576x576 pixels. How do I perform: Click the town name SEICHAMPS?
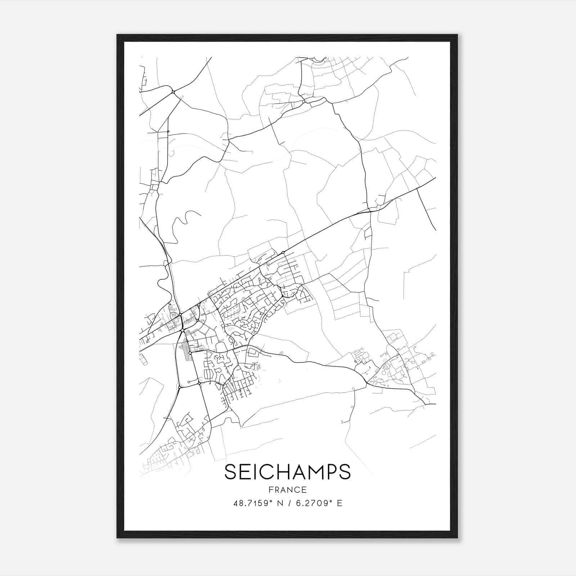(287, 472)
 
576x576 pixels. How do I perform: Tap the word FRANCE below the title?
(287, 490)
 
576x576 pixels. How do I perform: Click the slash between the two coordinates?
(288, 503)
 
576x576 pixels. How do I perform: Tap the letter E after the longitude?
(339, 503)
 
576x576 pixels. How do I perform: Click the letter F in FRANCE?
(270, 490)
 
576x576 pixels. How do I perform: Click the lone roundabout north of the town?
(173, 92)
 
